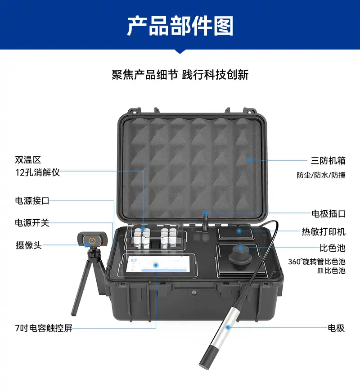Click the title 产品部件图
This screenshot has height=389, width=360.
coord(180,26)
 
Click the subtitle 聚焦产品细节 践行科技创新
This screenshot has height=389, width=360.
coord(180,75)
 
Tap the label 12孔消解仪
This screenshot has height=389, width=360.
coord(37,172)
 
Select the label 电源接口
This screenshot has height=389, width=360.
coord(32,200)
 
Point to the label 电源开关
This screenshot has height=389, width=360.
coord(32,222)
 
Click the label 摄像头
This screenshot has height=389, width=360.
coord(28,245)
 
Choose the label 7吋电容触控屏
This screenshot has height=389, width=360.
coord(44,328)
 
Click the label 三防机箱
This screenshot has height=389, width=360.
coord(328,161)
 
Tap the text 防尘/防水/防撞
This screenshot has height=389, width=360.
coord(321,175)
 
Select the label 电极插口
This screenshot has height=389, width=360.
coord(328,213)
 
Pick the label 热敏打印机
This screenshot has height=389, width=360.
coord(324,231)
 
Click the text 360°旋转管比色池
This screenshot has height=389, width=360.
coord(317,262)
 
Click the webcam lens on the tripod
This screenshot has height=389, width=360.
coord(92,240)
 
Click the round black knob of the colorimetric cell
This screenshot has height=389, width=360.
coord(240,256)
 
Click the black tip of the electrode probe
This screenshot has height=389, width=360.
coord(207,357)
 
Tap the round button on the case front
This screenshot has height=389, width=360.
coord(194,293)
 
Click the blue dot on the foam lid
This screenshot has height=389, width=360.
coord(250,160)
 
